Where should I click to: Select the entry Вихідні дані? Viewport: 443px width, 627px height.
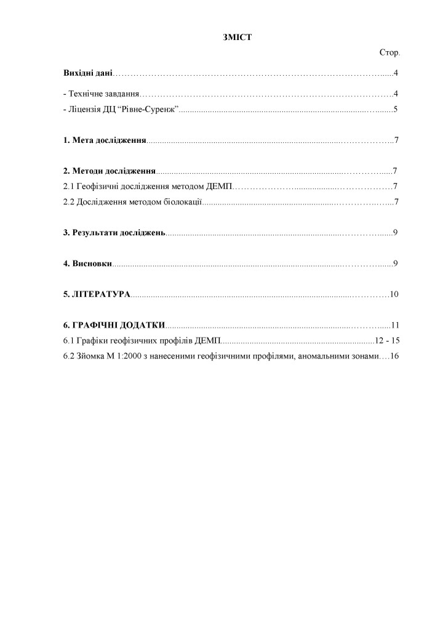(88, 74)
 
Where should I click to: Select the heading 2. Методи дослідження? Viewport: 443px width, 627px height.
(110, 171)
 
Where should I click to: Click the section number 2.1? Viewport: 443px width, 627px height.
(69, 186)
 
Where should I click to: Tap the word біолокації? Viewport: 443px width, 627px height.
(181, 201)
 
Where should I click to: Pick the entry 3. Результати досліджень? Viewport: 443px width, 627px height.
(114, 232)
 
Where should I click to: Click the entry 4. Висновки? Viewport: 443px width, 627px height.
(88, 264)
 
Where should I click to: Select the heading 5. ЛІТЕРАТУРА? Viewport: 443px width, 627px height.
(97, 294)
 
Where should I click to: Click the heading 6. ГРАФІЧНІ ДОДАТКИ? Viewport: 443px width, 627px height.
(114, 325)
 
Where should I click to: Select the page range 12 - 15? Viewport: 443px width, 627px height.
(387, 341)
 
